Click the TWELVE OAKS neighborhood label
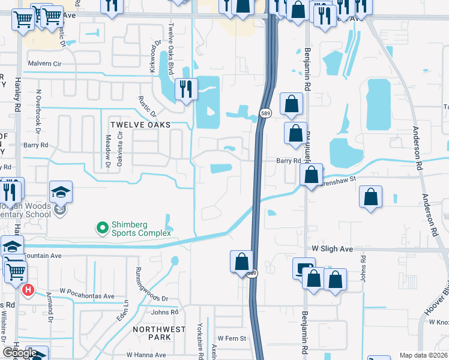(140, 124)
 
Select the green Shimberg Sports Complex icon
(102, 227)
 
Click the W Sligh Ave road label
(331, 248)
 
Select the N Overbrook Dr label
(38, 111)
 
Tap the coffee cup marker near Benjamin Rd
(304, 268)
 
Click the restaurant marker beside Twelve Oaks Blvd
(186, 89)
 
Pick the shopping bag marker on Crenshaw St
(312, 175)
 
